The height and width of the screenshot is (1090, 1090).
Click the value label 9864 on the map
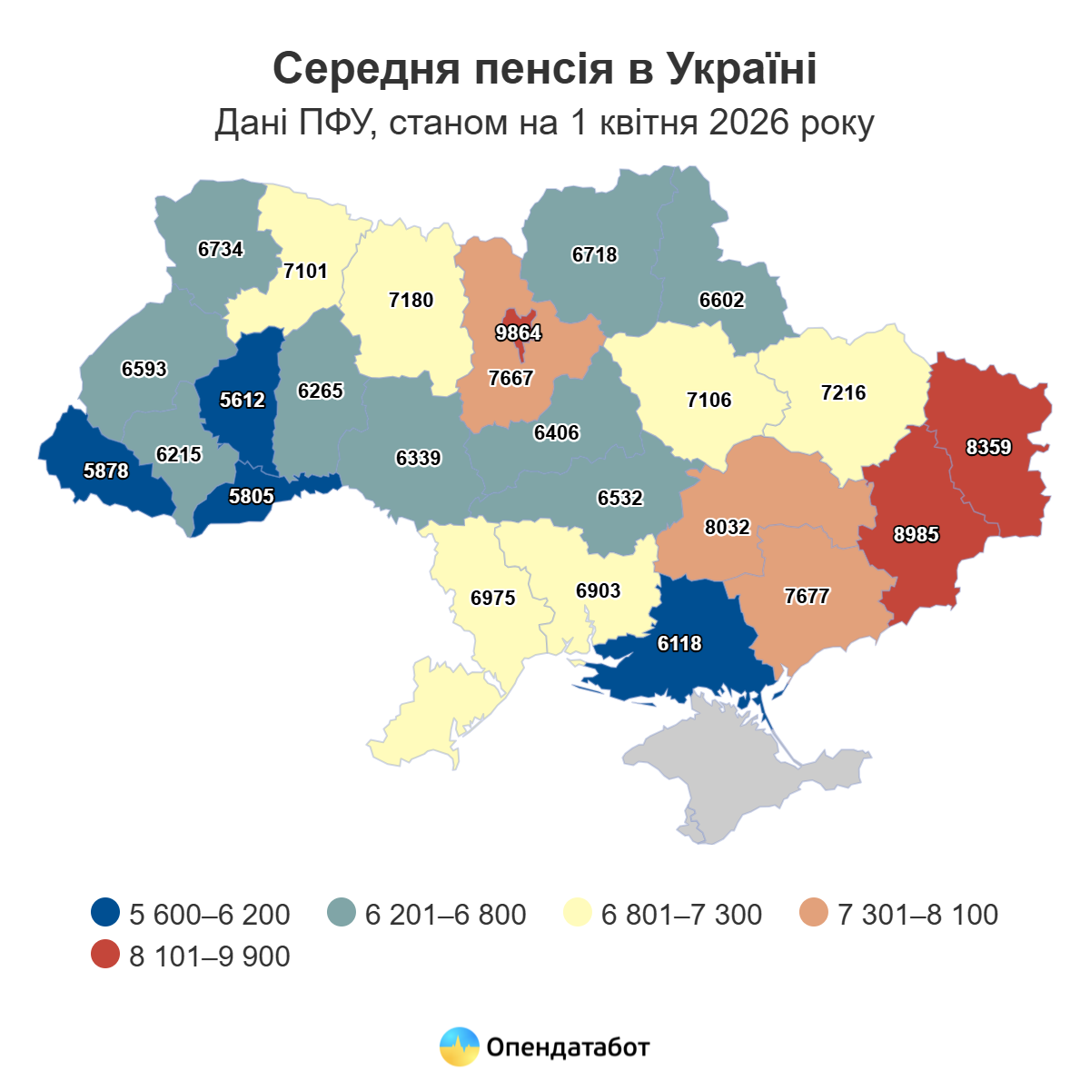click(x=518, y=333)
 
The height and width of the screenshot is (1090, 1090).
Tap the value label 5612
click(x=242, y=400)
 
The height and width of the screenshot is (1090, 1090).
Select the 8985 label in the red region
click(x=916, y=535)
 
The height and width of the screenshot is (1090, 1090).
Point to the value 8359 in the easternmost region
click(x=988, y=448)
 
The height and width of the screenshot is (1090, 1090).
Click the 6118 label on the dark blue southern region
click(x=679, y=644)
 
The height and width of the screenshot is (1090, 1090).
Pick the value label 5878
click(x=106, y=471)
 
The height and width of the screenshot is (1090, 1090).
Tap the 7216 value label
click(x=843, y=393)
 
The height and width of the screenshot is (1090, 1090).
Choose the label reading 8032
click(x=727, y=528)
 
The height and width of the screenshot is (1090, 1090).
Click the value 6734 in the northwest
click(x=220, y=250)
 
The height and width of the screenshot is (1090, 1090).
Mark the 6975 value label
click(x=492, y=599)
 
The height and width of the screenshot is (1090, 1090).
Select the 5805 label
click(x=252, y=497)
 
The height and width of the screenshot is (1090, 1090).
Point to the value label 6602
click(x=721, y=301)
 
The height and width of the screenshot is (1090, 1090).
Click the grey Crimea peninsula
click(x=745, y=781)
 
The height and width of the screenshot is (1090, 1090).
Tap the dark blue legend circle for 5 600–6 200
click(x=105, y=913)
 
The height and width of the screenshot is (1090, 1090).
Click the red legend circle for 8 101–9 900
click(x=105, y=955)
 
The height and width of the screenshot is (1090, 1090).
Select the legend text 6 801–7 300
click(x=681, y=914)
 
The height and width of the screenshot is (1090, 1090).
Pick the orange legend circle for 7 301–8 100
click(x=814, y=913)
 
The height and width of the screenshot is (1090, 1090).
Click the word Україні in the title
click(x=741, y=69)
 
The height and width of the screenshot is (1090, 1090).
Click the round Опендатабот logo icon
click(x=459, y=1047)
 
